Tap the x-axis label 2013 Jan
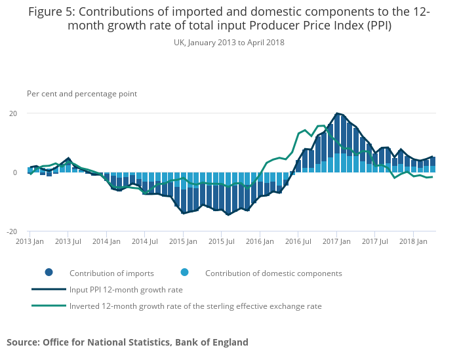(x=30, y=241)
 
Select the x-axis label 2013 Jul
(x=68, y=241)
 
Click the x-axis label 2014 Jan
(x=106, y=241)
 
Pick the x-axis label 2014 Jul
(x=144, y=241)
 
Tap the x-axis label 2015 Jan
(x=183, y=241)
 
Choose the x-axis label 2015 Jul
(x=221, y=241)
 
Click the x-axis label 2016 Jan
(x=260, y=241)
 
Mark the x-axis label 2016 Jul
(x=298, y=241)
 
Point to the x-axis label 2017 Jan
(x=336, y=241)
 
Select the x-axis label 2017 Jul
(x=374, y=241)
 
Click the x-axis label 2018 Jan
(x=413, y=241)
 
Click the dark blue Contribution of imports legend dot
(x=49, y=273)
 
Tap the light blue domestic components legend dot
(x=185, y=273)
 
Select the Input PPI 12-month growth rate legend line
(x=49, y=289)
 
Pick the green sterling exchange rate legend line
(x=49, y=306)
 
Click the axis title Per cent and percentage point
(x=82, y=94)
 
